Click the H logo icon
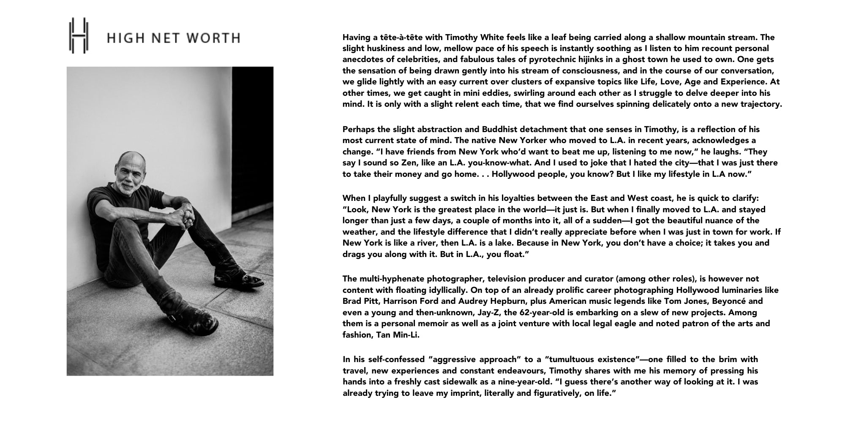point(79,35)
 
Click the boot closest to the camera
point(199,318)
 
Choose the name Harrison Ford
point(409,301)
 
